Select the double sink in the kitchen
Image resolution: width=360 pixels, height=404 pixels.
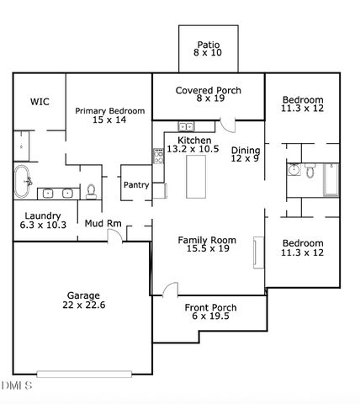coord(186,127)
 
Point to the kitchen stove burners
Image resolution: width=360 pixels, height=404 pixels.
coord(157,155)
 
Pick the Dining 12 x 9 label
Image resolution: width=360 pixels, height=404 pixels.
coord(246,154)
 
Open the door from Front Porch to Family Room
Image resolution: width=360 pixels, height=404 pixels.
coord(170,290)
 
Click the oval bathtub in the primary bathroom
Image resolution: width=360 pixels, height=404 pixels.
coord(24,181)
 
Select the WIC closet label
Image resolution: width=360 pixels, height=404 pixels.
coord(40,101)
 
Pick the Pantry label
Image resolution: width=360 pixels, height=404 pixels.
coord(135,185)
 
